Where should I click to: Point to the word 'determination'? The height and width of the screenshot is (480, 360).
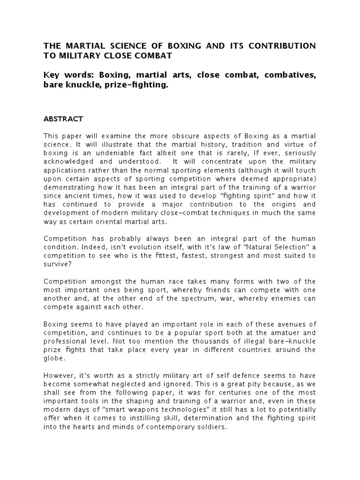tap(188, 417)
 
